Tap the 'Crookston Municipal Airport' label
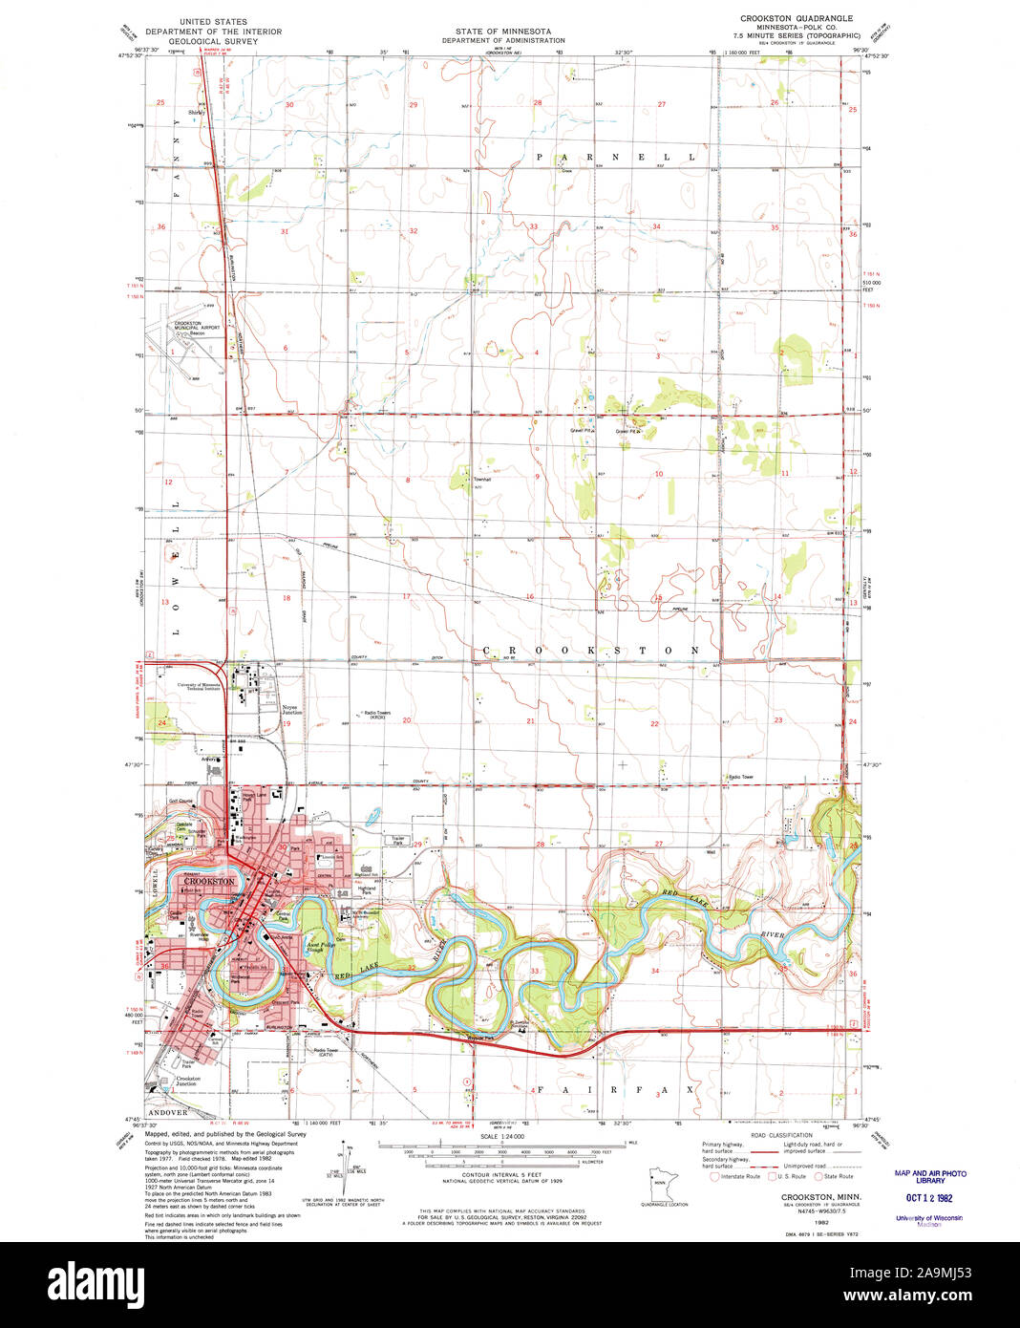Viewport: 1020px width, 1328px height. (x=197, y=326)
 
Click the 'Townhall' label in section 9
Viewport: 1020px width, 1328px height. (x=482, y=479)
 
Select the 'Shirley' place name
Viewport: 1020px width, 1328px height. (x=197, y=113)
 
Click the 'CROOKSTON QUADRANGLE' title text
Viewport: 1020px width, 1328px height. (x=797, y=18)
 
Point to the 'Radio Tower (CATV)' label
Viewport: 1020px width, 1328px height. (x=325, y=1052)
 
